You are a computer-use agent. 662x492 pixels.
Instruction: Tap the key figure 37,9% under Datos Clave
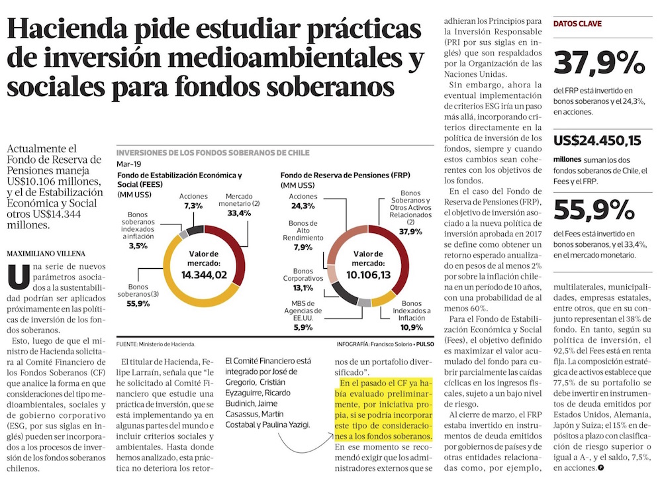pos(599,64)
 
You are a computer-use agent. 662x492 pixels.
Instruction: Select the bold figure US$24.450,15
pos(597,140)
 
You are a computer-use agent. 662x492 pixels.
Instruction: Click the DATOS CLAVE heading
pos(578,23)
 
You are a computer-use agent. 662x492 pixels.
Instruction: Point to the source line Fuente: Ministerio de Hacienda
pos(155,345)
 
